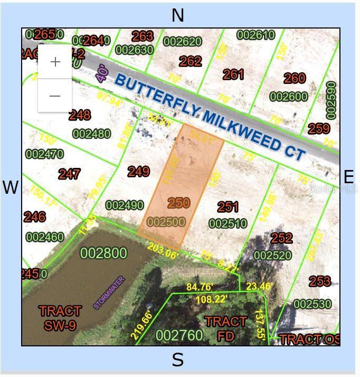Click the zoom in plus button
(55, 62)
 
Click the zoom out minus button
(55, 96)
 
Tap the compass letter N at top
(178, 15)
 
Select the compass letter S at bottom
(178, 361)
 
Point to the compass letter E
(349, 177)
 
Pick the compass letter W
(11, 187)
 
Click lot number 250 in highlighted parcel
(178, 203)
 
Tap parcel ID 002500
(167, 222)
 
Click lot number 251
(228, 207)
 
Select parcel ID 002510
(228, 224)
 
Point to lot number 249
(138, 172)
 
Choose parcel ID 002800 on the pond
(103, 253)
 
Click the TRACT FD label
(225, 328)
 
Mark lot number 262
(190, 61)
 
